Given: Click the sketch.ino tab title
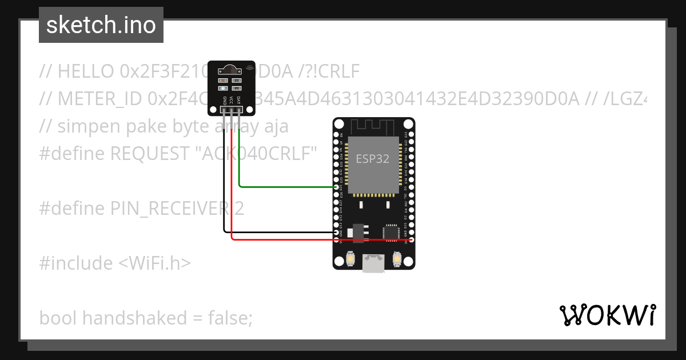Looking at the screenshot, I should click(x=101, y=25).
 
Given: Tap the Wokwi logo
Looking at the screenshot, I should click(x=608, y=315).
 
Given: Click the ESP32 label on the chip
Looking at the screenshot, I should click(x=372, y=159).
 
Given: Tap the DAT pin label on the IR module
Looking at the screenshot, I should click(x=238, y=100).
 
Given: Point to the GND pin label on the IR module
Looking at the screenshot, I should click(x=224, y=101).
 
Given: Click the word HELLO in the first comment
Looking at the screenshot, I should click(x=86, y=71).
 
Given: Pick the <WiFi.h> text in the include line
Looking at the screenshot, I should click(x=154, y=263).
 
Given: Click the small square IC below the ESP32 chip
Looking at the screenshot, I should click(x=391, y=232).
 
